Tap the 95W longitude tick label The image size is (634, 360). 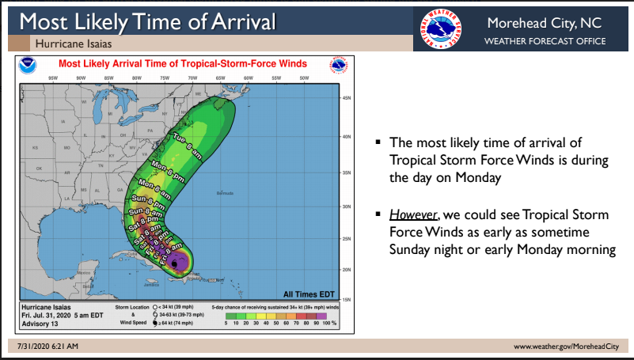click(x=52, y=78)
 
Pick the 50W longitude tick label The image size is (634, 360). click(x=304, y=78)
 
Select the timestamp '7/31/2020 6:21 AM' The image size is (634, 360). click(x=47, y=347)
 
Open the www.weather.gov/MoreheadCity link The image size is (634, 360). click(x=565, y=347)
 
